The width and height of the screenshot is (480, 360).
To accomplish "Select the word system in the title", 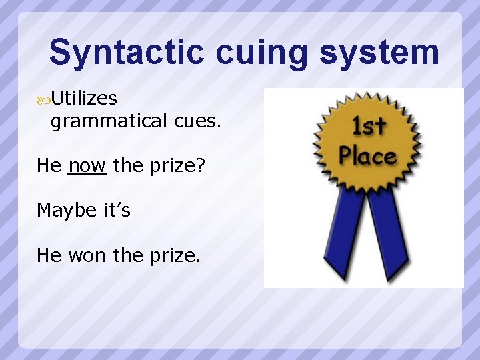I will tap(379, 53).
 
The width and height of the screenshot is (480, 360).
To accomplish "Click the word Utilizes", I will tap(84, 99).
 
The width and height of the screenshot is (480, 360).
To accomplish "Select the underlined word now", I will tap(87, 165).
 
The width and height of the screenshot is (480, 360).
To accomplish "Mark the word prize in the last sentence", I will tap(169, 255).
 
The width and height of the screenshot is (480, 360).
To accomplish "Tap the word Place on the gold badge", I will tap(367, 156).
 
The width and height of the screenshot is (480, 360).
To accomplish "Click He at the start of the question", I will tap(49, 165).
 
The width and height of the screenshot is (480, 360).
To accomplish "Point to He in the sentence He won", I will tap(49, 255).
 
